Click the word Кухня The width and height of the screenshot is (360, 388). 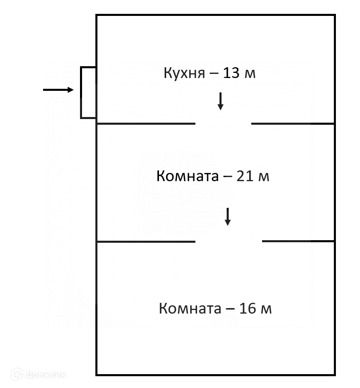pos(183,73)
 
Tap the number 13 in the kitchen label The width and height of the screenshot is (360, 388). pos(232,73)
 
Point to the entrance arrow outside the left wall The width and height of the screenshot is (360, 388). pos(58,90)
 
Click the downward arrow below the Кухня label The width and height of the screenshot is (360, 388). pos(221,101)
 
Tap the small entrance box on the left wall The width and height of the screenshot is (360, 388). pos(88,92)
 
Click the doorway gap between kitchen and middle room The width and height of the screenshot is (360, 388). pos(223,124)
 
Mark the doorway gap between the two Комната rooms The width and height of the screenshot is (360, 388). pos(229,241)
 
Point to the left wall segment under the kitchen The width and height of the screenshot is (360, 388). pos(146,124)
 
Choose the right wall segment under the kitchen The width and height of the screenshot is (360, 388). pos(293,124)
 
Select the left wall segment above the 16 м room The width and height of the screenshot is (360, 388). pos(146,241)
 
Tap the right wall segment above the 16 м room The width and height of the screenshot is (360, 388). pos(298,241)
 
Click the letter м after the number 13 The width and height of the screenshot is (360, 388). pos(250,74)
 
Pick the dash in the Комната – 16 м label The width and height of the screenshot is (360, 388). pos(230,309)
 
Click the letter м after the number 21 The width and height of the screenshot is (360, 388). pos(264,178)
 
